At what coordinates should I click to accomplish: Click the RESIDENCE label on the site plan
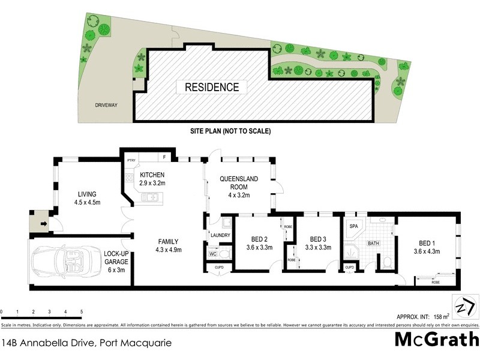[x=211, y=87]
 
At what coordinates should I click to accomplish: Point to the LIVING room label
[x=87, y=197]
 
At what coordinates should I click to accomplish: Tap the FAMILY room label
[x=169, y=245]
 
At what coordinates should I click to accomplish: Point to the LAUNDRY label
[x=220, y=235]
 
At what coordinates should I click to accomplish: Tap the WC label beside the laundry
[x=213, y=254]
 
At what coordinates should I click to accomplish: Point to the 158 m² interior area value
[x=442, y=316]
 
